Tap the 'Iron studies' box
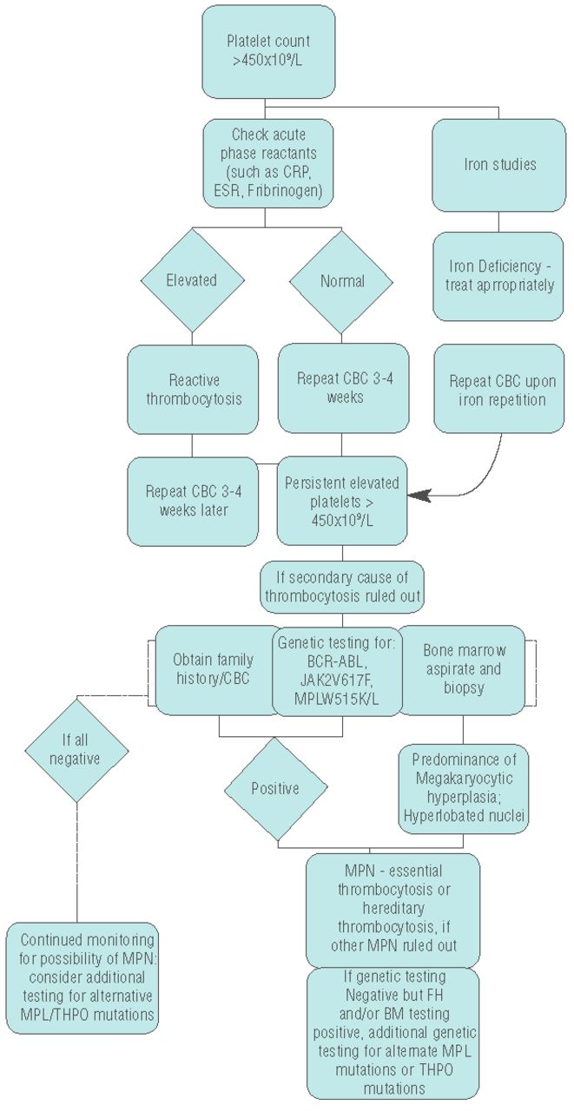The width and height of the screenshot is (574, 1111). pos(498,163)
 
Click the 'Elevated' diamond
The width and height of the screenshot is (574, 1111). pos(191,280)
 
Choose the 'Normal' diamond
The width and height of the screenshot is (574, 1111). pos(341,280)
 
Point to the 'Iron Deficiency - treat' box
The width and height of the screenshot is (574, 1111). pos(498,275)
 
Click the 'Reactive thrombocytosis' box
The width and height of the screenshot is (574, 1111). pos(192,388)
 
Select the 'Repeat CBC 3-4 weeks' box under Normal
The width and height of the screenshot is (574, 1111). pos(343,388)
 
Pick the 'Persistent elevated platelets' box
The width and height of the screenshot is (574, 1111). pos(342,501)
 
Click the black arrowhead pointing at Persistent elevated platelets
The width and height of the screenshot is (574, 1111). pos(419,496)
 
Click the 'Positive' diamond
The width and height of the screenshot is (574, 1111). pos(275,789)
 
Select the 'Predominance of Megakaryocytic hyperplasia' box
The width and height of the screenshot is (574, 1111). pos(463,786)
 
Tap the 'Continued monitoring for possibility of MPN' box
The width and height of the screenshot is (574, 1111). pos(83,976)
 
